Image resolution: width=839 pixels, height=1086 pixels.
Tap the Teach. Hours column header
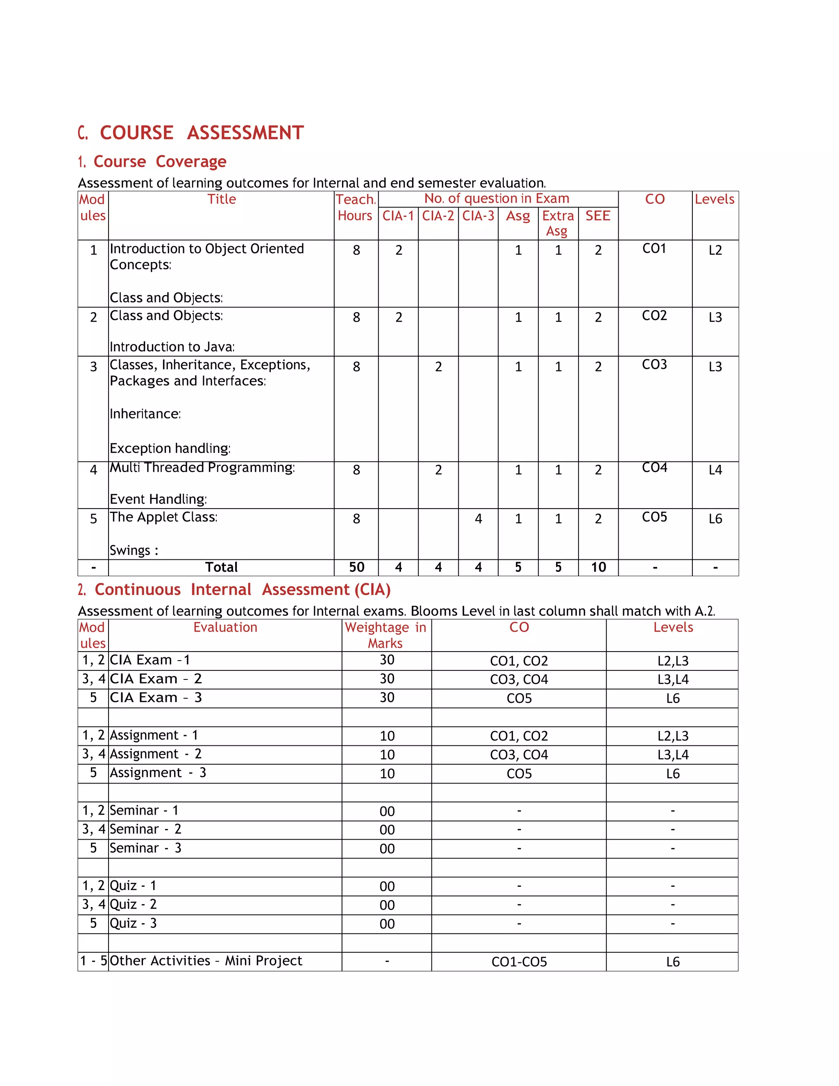(x=355, y=207)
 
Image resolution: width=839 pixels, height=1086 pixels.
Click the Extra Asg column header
(x=558, y=223)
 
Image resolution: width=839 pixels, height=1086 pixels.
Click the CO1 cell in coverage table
(x=654, y=249)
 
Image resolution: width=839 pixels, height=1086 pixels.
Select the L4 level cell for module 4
(x=715, y=470)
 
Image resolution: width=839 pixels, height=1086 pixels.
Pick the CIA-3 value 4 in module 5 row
(x=478, y=519)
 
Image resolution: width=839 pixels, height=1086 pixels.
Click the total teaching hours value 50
(x=356, y=567)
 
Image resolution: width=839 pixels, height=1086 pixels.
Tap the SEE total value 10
(x=598, y=567)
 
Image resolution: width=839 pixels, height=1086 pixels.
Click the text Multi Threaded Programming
(x=202, y=468)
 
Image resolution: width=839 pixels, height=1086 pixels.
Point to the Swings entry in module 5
(x=134, y=550)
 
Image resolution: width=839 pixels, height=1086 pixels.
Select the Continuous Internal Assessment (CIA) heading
(x=242, y=590)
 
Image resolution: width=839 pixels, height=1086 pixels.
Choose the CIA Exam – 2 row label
(x=156, y=679)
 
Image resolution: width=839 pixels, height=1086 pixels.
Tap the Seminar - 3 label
(x=145, y=848)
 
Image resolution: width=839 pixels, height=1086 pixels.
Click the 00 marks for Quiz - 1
(x=387, y=886)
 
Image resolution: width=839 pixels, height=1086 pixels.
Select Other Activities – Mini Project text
(x=206, y=961)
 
